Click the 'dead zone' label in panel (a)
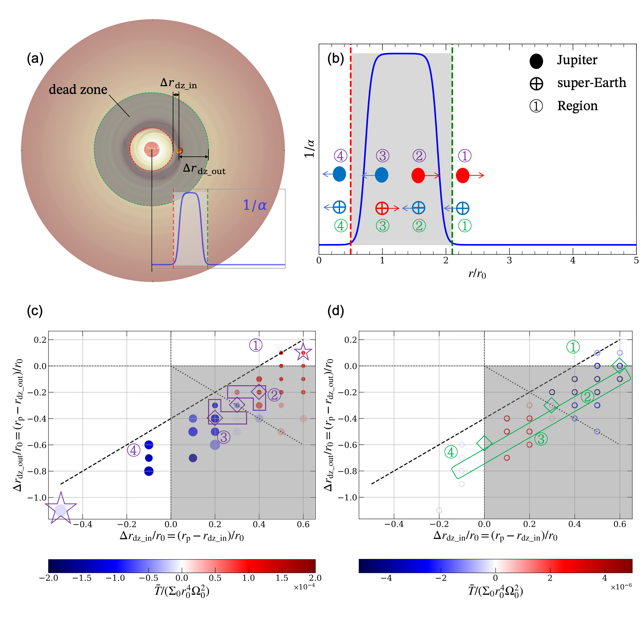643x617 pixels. point(78,89)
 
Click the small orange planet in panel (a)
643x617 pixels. point(179,151)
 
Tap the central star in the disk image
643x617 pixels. point(151,149)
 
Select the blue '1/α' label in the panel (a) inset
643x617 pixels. point(255,206)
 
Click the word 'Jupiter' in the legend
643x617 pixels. point(577,60)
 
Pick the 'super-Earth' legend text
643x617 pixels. point(591,83)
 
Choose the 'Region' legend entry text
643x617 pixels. point(577,106)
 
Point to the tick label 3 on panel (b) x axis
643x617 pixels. point(509,260)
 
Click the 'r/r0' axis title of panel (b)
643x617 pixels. point(477,273)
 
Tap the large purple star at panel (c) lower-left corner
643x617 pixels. point(61,509)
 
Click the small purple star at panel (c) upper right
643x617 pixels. point(303,352)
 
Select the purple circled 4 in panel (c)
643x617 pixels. point(133,450)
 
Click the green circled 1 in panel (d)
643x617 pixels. point(573,347)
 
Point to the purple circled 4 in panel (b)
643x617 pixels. point(340,155)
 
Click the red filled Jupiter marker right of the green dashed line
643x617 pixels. point(462,175)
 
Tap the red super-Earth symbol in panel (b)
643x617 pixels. point(382,208)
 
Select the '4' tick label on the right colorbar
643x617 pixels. point(604,578)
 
